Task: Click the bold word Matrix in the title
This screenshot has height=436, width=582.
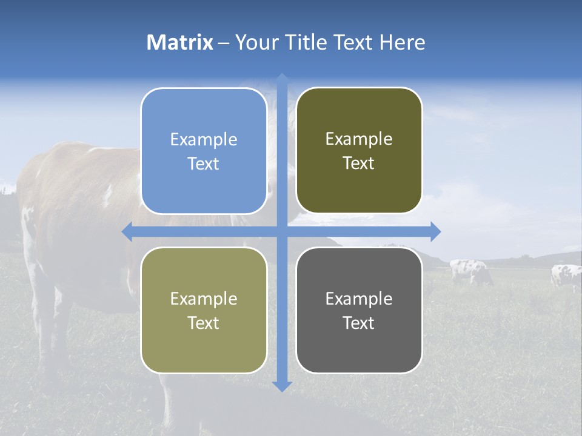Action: pos(180,42)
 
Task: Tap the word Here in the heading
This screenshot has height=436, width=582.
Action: pos(402,42)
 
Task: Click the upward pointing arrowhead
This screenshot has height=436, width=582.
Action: pos(281,78)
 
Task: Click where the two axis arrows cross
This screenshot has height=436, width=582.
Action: pos(281,231)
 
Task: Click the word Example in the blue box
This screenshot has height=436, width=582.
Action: pos(204,140)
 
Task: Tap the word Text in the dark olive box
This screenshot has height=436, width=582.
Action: pos(359,163)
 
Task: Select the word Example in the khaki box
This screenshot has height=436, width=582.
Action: pos(204,299)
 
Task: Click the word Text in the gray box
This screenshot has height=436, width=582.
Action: pos(359,323)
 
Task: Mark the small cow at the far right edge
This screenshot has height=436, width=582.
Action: pos(566,276)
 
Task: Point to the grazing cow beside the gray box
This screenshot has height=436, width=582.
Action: pos(470,271)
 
